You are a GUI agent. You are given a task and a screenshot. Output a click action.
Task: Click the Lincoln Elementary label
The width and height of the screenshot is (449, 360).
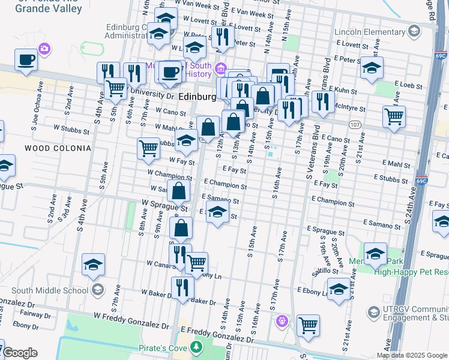coord(373,31)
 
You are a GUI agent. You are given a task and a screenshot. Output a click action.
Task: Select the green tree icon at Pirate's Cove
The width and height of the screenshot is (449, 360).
coord(196,347)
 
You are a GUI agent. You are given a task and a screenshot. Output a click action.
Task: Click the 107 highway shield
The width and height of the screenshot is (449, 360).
coord(355,123)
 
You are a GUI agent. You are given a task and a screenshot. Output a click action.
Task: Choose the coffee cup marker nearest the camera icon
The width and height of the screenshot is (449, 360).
coord(26,60)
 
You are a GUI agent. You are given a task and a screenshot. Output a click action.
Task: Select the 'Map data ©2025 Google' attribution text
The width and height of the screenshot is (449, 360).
coord(412,355)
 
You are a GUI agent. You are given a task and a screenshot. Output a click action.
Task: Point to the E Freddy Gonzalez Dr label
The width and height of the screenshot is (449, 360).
coord(217,334)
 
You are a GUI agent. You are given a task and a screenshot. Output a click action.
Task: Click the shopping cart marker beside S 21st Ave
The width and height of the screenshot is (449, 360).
coord(394,117)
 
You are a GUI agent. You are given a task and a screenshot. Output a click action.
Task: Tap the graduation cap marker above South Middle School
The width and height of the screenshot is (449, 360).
coord(94,265)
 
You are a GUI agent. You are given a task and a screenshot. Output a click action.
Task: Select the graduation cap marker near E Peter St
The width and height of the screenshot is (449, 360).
coord(372,68)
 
